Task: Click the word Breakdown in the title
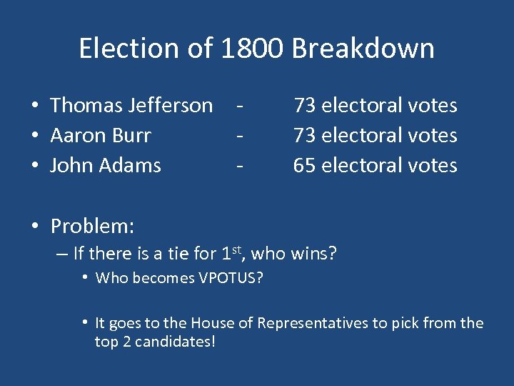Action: (363, 49)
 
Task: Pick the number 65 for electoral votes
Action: (305, 166)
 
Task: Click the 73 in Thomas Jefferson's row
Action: (305, 106)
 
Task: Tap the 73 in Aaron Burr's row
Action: (305, 136)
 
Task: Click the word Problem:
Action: (92, 227)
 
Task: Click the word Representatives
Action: (313, 324)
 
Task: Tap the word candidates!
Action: (176, 342)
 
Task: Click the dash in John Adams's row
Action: (241, 166)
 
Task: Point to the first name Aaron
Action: (74, 136)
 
